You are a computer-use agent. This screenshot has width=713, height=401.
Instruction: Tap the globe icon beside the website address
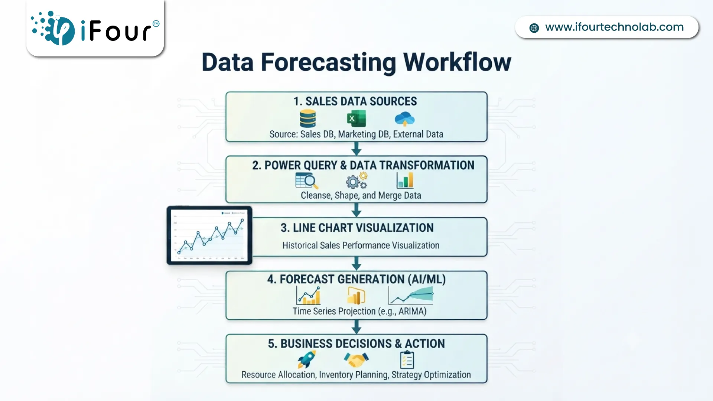(x=534, y=28)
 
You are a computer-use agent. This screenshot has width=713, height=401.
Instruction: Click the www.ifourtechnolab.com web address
(x=614, y=27)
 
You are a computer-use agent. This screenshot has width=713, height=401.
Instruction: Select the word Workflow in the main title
(x=457, y=62)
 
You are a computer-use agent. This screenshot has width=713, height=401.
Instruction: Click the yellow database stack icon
(x=307, y=118)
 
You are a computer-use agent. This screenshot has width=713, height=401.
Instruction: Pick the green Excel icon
(x=356, y=119)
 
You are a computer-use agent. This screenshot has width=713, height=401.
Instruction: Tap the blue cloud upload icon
(x=404, y=119)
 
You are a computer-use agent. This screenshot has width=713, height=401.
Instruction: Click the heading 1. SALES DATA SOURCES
(x=355, y=101)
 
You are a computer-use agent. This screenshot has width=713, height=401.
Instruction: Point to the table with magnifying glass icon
(x=307, y=181)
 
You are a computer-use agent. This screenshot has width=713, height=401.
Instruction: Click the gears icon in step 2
(x=356, y=181)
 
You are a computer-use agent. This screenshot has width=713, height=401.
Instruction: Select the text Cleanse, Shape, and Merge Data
(x=361, y=195)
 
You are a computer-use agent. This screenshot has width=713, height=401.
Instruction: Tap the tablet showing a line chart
(x=209, y=235)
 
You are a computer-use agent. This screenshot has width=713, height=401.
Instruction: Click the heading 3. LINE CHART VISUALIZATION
(x=357, y=228)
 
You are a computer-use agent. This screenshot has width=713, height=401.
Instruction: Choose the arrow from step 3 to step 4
(x=356, y=263)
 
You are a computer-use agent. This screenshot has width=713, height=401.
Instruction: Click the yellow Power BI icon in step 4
(x=356, y=296)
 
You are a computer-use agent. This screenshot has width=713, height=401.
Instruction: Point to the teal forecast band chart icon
(x=411, y=296)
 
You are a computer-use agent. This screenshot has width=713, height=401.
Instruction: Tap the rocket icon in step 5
(x=307, y=359)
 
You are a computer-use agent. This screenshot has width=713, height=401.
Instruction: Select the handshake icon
(x=356, y=359)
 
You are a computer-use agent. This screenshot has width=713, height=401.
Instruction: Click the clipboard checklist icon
(x=407, y=359)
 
